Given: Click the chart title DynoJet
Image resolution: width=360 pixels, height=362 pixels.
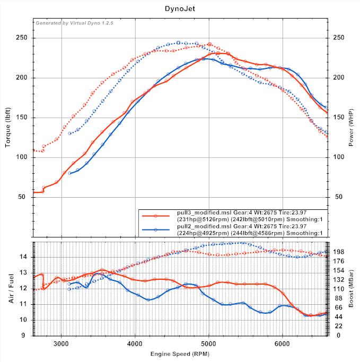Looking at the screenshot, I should [180, 9].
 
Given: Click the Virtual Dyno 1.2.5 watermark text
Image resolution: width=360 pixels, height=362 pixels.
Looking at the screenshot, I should [74, 23].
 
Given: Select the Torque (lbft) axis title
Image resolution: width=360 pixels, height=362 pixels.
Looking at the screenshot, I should [8, 127].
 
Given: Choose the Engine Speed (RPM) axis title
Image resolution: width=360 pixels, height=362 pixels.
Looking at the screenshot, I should [180, 353].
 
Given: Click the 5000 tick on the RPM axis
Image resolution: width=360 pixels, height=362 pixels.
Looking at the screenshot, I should [209, 342].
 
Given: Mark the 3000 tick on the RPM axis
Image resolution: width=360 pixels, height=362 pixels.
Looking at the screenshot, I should [62, 342].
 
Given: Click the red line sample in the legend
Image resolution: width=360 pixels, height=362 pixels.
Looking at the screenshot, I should [156, 216].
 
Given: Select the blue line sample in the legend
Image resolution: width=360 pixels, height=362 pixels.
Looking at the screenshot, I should [156, 229].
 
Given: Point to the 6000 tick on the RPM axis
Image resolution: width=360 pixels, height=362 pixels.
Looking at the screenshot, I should [283, 342].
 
